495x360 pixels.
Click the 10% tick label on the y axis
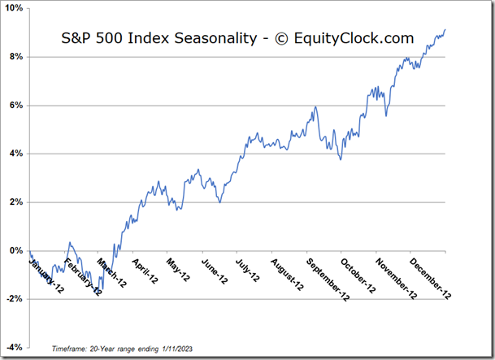(14, 8)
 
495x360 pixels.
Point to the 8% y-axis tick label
(16, 57)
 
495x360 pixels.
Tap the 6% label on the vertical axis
(16, 105)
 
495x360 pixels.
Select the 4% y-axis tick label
(16, 154)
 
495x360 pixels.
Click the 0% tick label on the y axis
(16, 250)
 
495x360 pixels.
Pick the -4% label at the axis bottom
(15, 347)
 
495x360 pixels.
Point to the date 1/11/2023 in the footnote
(174, 347)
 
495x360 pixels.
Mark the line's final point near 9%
(445, 30)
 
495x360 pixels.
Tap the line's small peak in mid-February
(70, 242)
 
